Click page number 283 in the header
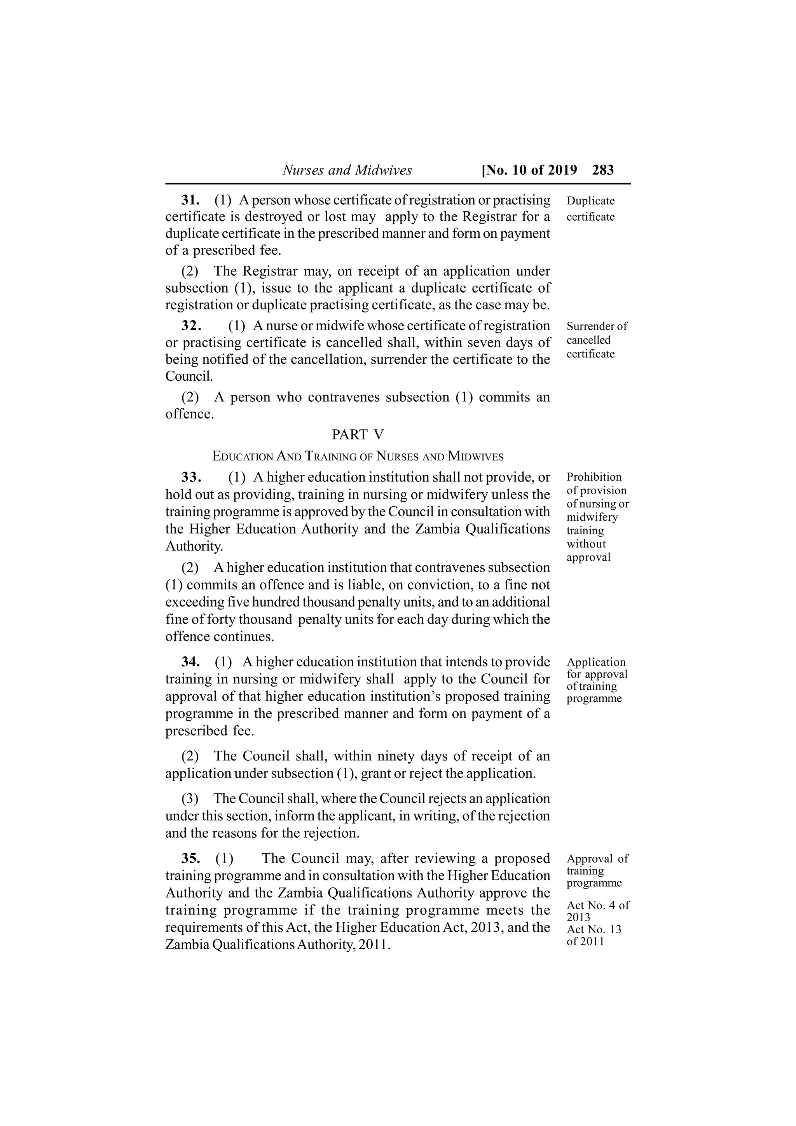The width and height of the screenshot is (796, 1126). (x=603, y=170)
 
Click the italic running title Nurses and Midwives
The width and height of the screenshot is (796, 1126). (x=347, y=170)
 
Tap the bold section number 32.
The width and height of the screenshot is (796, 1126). (x=191, y=326)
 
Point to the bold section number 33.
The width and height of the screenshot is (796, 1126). (x=191, y=477)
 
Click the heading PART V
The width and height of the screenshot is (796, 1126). (x=358, y=434)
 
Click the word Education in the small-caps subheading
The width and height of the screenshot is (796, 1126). (x=242, y=457)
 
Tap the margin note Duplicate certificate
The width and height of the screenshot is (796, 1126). (x=590, y=208)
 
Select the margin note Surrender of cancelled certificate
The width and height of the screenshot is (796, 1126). (x=596, y=340)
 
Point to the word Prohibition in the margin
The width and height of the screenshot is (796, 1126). (x=594, y=477)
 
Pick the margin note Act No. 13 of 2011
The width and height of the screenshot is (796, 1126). (x=594, y=935)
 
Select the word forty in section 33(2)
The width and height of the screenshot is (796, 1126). (x=220, y=619)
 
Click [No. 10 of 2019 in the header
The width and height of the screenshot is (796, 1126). (x=530, y=170)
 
